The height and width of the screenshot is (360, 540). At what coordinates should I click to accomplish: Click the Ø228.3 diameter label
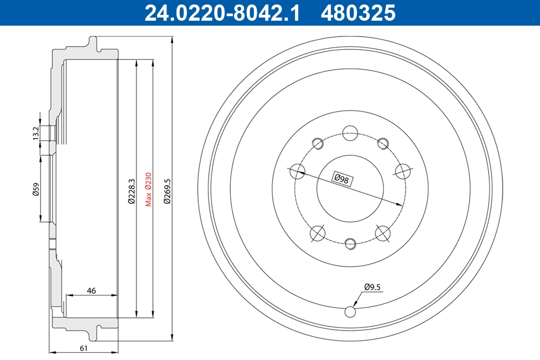pyautogui.click(x=131, y=191)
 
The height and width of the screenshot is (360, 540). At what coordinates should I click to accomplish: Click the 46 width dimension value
pyautogui.click(x=91, y=291)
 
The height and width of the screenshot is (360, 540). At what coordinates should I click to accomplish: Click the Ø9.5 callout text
pyautogui.click(x=373, y=286)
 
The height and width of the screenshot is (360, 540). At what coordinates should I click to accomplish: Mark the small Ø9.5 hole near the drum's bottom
pyautogui.click(x=350, y=311)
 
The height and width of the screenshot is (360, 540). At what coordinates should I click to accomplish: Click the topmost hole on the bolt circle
pyautogui.click(x=350, y=133)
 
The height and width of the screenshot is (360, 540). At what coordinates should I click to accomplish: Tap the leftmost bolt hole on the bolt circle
pyautogui.click(x=297, y=171)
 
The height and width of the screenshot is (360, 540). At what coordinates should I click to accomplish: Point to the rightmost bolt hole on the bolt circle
pyautogui.click(x=404, y=171)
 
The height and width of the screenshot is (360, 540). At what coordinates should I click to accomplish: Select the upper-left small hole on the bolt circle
pyautogui.click(x=318, y=143)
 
